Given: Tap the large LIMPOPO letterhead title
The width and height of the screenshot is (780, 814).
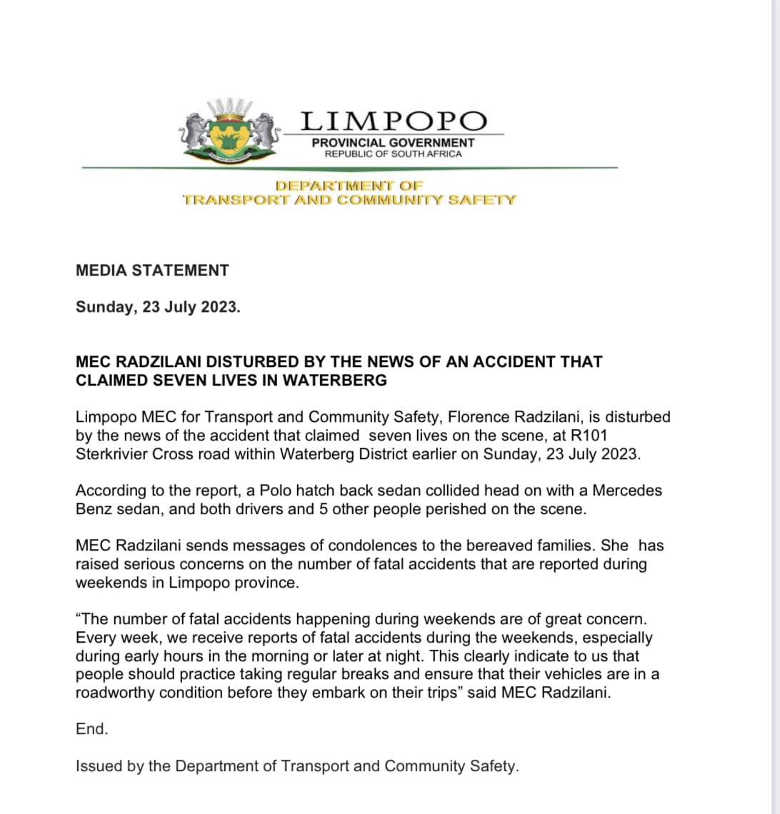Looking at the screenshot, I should [394, 121].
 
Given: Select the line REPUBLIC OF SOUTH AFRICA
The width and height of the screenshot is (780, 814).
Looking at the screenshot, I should [393, 154].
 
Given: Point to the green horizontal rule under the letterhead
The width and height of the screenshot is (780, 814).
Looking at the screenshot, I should [350, 168].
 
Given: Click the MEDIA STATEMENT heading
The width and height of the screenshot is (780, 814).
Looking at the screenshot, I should [152, 271].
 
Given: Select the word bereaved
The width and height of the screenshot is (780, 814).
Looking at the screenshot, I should [496, 546].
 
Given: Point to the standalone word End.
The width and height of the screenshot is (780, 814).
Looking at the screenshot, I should [91, 729].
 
